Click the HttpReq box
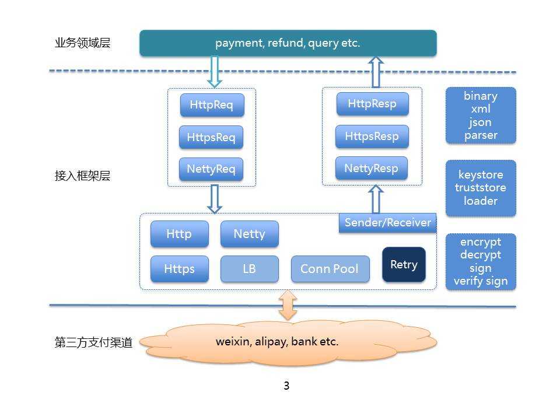tap(211, 106)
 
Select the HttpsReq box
tap(211, 138)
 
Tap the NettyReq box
tap(211, 170)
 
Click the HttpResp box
tap(372, 104)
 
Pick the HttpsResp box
tap(372, 136)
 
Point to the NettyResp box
tap(372, 169)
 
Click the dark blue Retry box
tap(404, 265)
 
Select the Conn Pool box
tap(330, 269)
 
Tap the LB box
tap(249, 269)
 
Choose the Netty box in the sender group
tap(249, 234)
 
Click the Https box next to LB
tap(179, 269)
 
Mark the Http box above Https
tap(179, 234)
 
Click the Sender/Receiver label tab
tap(387, 223)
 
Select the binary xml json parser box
tap(481, 116)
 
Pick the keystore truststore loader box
tap(481, 188)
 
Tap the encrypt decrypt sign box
tap(481, 261)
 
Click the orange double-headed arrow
tap(288, 305)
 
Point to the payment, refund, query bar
tap(288, 43)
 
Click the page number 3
tap(286, 386)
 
